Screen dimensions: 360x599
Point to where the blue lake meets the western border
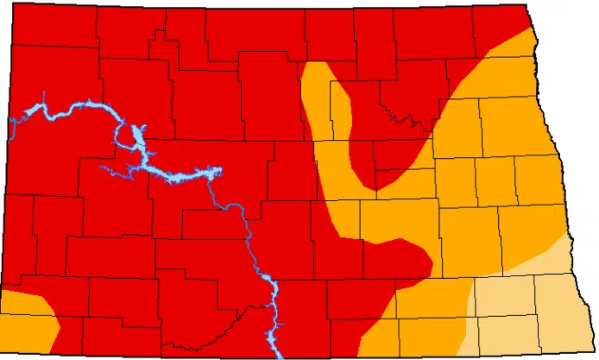(x=12, y=126)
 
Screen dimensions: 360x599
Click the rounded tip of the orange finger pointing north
(x=317, y=68)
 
